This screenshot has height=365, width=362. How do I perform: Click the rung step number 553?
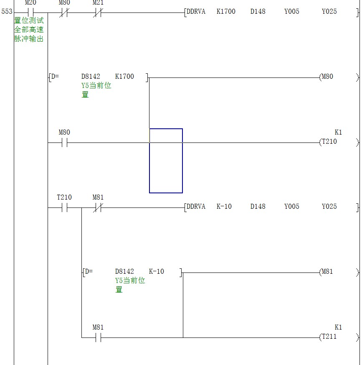(7, 11)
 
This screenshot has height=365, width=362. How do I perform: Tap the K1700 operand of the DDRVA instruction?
(226, 11)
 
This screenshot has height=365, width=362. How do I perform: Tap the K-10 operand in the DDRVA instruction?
(224, 207)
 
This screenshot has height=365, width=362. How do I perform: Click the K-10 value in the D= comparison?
(156, 271)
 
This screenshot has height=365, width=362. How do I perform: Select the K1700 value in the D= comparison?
(124, 76)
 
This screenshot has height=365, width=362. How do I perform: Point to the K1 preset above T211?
(338, 327)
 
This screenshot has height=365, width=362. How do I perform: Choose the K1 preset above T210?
(338, 132)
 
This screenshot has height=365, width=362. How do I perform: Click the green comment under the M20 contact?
(29, 30)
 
